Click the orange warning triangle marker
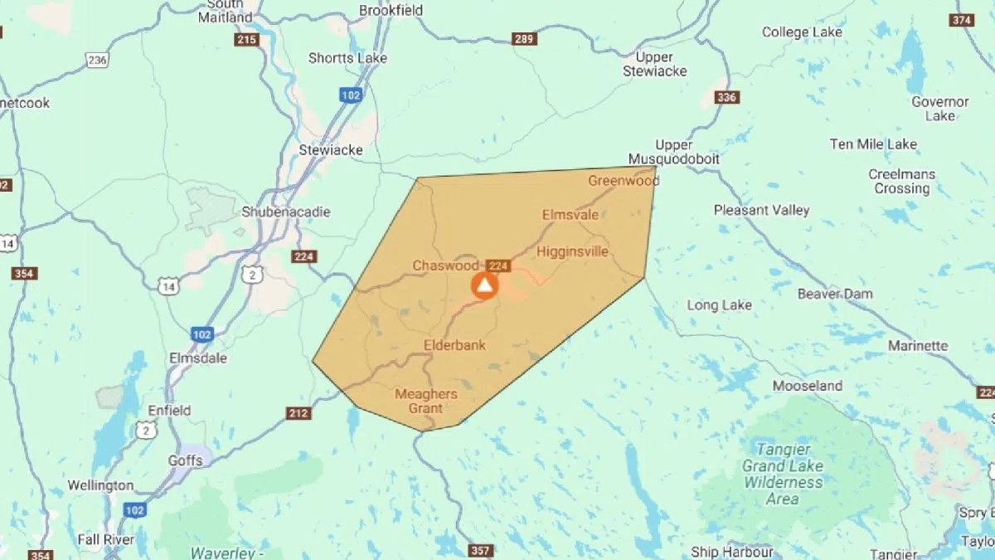coord(484,285)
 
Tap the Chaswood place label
coord(446,265)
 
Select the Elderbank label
coord(454,345)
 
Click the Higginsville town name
coord(572,251)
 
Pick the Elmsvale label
coord(570,215)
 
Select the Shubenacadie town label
coord(285,212)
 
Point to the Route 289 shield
coord(524,39)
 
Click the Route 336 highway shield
coord(726,98)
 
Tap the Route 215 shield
coord(246,40)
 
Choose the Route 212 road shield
coord(298,413)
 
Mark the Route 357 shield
coord(480,551)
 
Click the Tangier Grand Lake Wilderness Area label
coord(783,477)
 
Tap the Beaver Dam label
coord(835,294)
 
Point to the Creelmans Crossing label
coord(902,181)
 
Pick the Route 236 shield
coord(97,60)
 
